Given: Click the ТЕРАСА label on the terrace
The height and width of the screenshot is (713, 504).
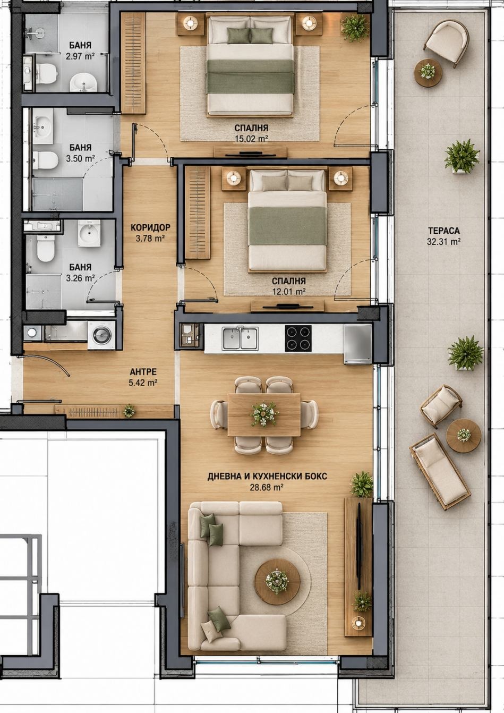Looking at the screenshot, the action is tap(444, 230).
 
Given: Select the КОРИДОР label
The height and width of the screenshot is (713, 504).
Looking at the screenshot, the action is tap(150, 227).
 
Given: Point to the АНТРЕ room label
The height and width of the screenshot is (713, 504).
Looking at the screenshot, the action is tap(143, 372).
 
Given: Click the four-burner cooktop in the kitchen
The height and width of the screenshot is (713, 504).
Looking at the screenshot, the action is tap(298, 338).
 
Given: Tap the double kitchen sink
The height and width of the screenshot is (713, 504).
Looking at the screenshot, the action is tap(241, 338).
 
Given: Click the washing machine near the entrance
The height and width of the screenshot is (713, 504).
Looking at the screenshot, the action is tap(101, 335).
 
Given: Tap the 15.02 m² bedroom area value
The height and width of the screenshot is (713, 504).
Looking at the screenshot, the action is tap(251, 139).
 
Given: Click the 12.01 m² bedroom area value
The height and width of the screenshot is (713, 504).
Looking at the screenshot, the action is tap(289, 291).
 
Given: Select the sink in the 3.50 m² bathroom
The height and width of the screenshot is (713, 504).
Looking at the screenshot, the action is tap(43, 126).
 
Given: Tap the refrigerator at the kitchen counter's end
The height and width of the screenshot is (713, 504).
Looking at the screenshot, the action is tap(357, 344).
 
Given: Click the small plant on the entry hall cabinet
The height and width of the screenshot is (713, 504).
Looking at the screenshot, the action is tap(129, 411).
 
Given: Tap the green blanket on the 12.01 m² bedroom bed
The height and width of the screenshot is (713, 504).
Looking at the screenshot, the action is tap(288, 226).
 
